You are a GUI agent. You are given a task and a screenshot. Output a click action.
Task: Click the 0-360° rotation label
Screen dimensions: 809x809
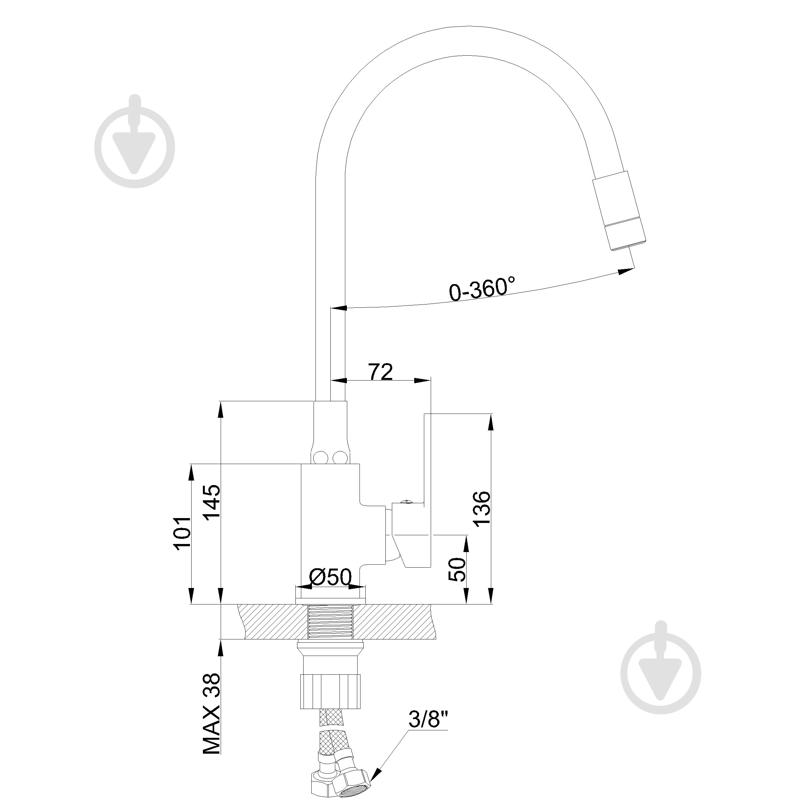click(x=482, y=289)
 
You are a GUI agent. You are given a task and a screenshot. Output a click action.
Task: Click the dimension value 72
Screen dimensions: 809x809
click(x=380, y=371)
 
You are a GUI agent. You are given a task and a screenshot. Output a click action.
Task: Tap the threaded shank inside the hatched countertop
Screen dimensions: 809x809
click(x=330, y=628)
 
